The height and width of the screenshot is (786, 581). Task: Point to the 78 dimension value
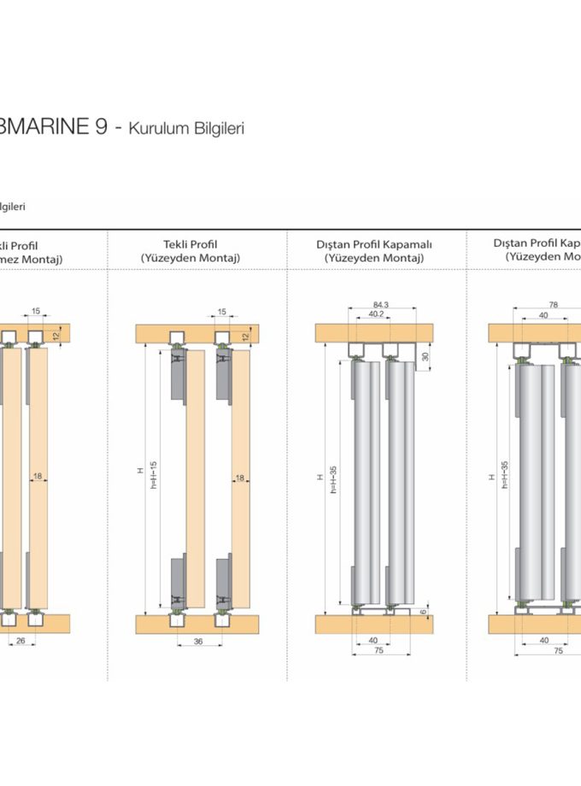pos(553,304)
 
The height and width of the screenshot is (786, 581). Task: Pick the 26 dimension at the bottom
pos(21,641)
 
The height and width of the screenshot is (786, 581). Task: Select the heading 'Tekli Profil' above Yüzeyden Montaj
pos(190,244)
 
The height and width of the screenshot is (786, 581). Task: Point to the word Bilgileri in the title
pos(215,129)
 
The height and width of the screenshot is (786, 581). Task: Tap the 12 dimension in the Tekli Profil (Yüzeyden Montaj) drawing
pos(245,337)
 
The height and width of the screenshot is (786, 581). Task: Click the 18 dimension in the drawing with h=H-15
pos(240,479)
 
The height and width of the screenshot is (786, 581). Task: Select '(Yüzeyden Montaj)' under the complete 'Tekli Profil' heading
pos(190,258)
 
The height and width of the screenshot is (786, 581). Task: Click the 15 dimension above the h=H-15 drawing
pos(222,312)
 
